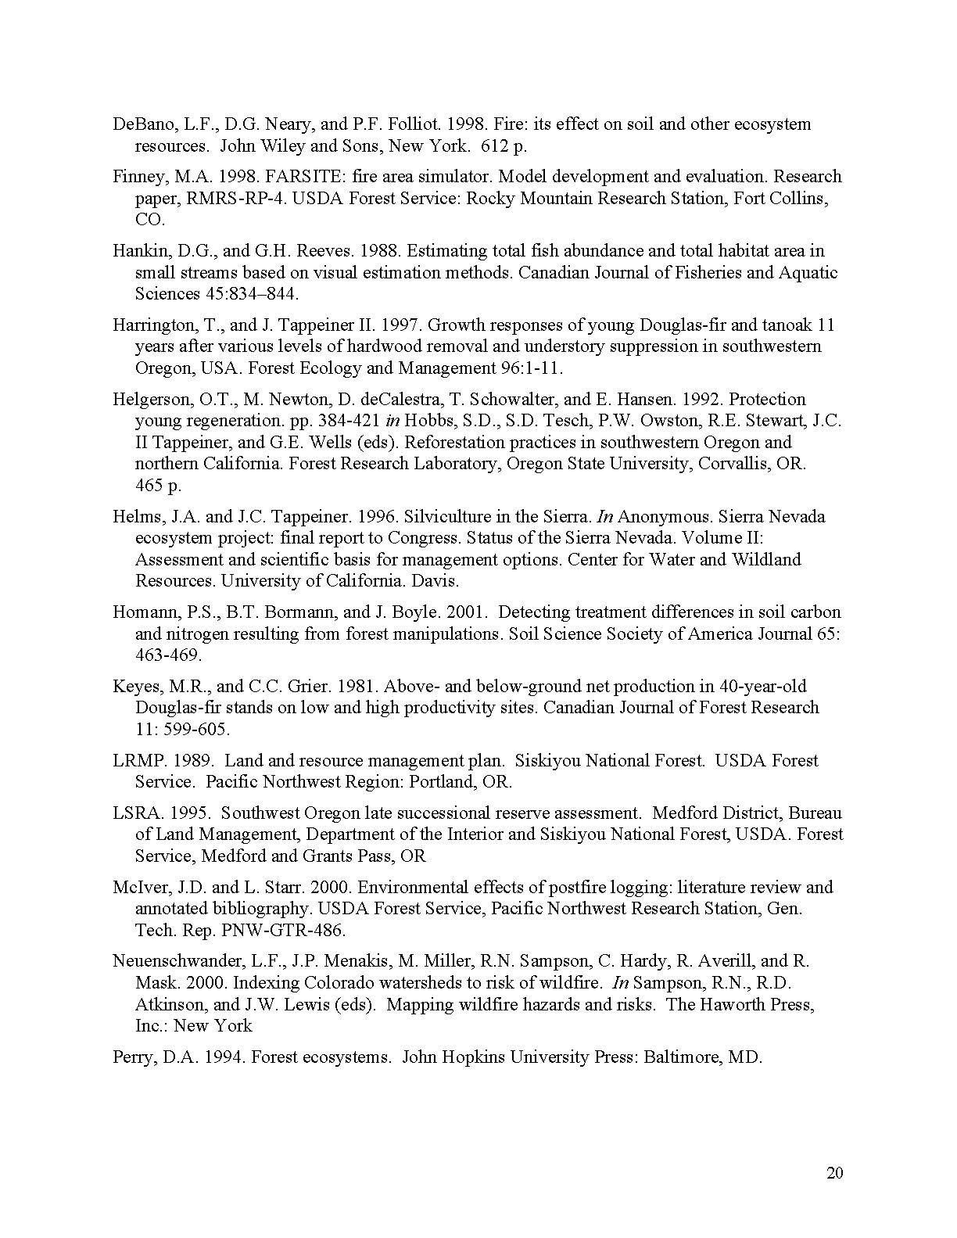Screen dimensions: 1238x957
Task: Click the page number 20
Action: tap(834, 1173)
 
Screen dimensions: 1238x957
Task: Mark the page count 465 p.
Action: tap(158, 486)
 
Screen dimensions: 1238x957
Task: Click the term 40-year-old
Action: tap(763, 687)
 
